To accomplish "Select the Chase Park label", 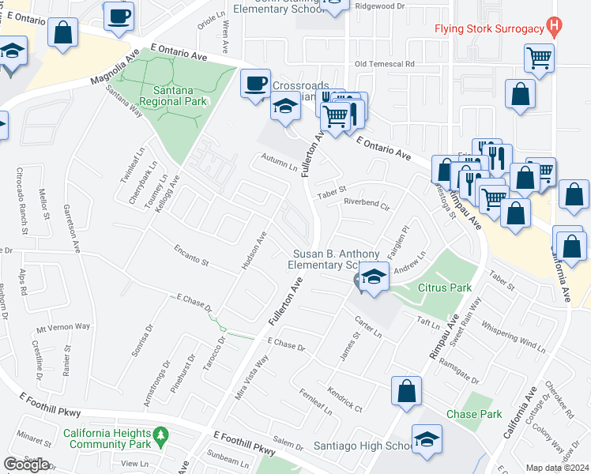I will (474, 414).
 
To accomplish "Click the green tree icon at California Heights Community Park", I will (160, 434).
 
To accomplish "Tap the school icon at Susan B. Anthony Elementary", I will (373, 276).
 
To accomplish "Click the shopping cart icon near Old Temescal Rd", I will (539, 58).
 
